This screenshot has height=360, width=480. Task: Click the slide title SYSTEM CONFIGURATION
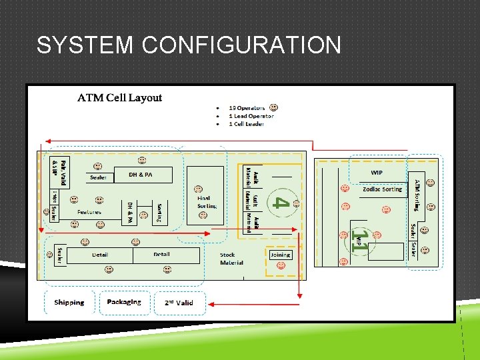coord(189,45)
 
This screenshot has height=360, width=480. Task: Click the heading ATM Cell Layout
coord(119,97)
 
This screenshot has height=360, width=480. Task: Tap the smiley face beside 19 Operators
coord(273,107)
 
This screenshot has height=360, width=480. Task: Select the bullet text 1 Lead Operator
coord(251,115)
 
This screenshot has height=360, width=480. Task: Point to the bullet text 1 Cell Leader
coord(246,123)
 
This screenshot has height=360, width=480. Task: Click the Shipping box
coord(69,302)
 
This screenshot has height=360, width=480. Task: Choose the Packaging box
coord(124,302)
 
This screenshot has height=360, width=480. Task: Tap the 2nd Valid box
coord(179,303)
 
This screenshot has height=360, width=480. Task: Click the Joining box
coord(280,255)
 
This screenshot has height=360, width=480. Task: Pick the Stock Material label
coord(231,259)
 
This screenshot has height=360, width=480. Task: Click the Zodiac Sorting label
coord(382,189)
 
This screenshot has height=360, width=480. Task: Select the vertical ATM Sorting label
coord(417,194)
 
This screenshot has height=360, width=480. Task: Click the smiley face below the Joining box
coord(281,265)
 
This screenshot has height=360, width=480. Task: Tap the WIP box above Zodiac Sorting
coord(377,173)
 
